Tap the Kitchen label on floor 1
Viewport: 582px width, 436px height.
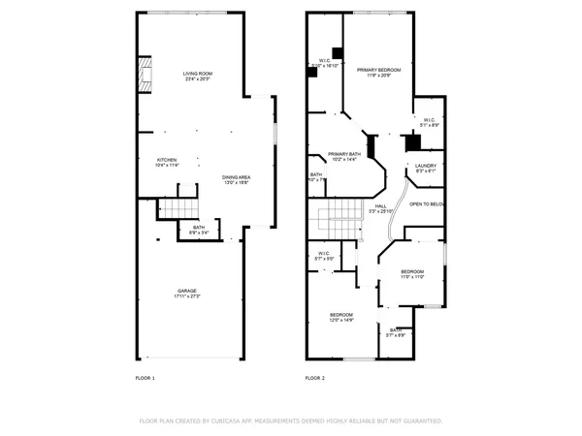point(168,160)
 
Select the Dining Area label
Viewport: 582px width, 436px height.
point(237,177)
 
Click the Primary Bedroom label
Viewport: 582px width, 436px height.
point(378,71)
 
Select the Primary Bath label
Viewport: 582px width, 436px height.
point(344,154)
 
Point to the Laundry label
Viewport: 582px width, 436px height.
point(426,166)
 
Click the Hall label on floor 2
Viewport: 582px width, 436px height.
point(381,205)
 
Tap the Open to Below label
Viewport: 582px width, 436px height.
point(427,204)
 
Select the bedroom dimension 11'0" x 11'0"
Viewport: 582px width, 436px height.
point(412,277)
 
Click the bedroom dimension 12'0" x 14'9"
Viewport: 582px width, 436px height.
point(340,321)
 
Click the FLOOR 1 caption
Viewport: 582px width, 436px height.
point(145,378)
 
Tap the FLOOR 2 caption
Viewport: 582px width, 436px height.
point(315,378)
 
